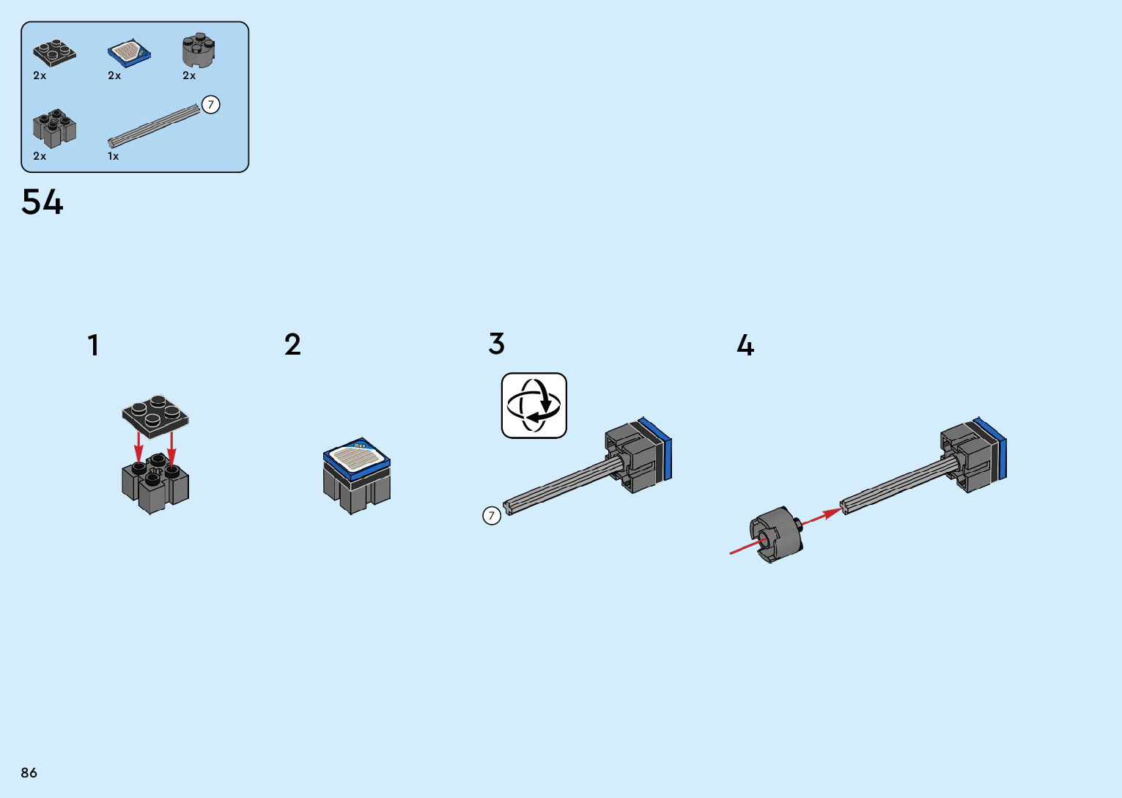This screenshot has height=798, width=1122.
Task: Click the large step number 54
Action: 43,202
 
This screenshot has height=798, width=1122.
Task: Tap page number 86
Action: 29,773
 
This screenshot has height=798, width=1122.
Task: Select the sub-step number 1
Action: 93,346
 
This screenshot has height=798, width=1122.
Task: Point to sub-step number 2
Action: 292,344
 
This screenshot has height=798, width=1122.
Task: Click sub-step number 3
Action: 497,344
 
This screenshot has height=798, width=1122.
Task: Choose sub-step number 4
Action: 745,345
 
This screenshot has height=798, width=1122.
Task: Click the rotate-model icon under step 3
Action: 534,406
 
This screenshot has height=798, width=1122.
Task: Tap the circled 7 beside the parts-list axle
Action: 211,105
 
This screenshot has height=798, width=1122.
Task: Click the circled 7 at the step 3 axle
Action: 492,516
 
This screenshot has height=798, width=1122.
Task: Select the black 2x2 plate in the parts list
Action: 54,52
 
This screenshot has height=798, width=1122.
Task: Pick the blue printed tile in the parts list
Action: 129,52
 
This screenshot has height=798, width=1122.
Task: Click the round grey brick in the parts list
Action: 199,51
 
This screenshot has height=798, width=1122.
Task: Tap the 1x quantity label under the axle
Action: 114,157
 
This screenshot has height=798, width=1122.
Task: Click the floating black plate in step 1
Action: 155,415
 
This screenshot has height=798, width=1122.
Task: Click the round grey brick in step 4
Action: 775,534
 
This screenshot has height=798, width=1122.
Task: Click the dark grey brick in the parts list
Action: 54,128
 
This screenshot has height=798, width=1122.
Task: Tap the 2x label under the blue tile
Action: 114,76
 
